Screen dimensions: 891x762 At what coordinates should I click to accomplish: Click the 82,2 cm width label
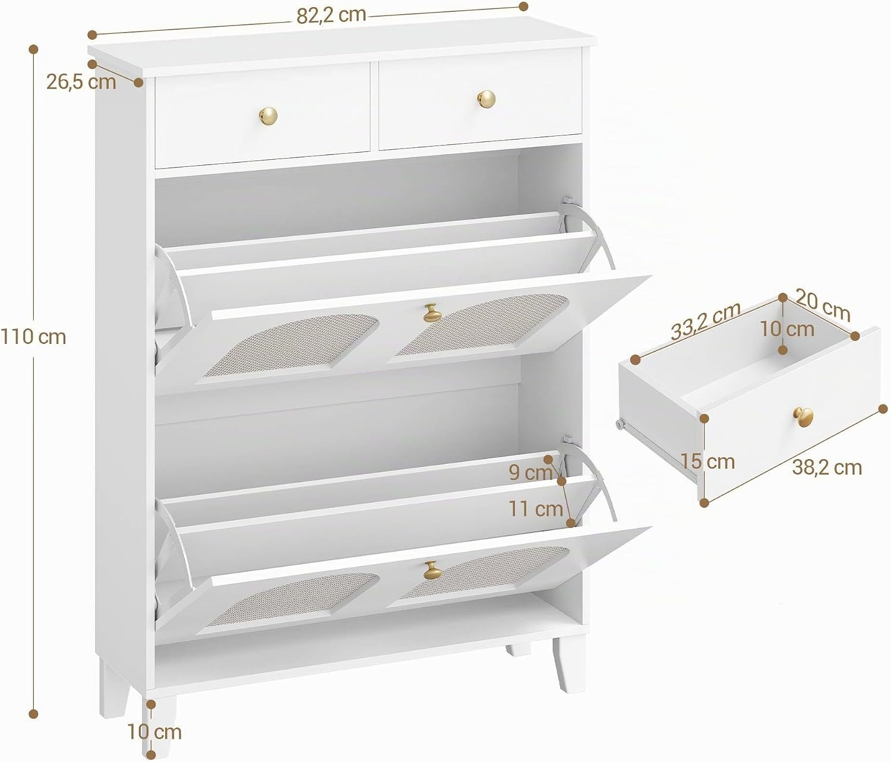(331, 15)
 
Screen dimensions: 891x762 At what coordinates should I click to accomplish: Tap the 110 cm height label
(33, 337)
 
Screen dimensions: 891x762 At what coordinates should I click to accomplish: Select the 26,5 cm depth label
(81, 82)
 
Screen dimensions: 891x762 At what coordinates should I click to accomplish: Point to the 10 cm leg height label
(154, 732)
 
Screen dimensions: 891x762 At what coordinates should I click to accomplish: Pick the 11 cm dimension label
(536, 508)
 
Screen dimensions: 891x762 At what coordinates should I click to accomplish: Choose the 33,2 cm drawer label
(706, 321)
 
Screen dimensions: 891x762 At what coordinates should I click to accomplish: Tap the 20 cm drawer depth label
(823, 304)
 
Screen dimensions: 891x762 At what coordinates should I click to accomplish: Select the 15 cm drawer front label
(708, 461)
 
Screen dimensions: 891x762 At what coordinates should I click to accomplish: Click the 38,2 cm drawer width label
(827, 467)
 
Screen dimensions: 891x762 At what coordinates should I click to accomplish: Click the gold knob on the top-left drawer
(268, 115)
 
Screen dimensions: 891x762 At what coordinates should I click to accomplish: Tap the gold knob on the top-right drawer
(486, 99)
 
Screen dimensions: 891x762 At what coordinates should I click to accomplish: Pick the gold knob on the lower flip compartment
(432, 570)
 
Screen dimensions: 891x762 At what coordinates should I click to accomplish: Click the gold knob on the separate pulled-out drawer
(802, 417)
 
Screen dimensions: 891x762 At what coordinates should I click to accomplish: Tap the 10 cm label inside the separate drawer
(786, 329)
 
